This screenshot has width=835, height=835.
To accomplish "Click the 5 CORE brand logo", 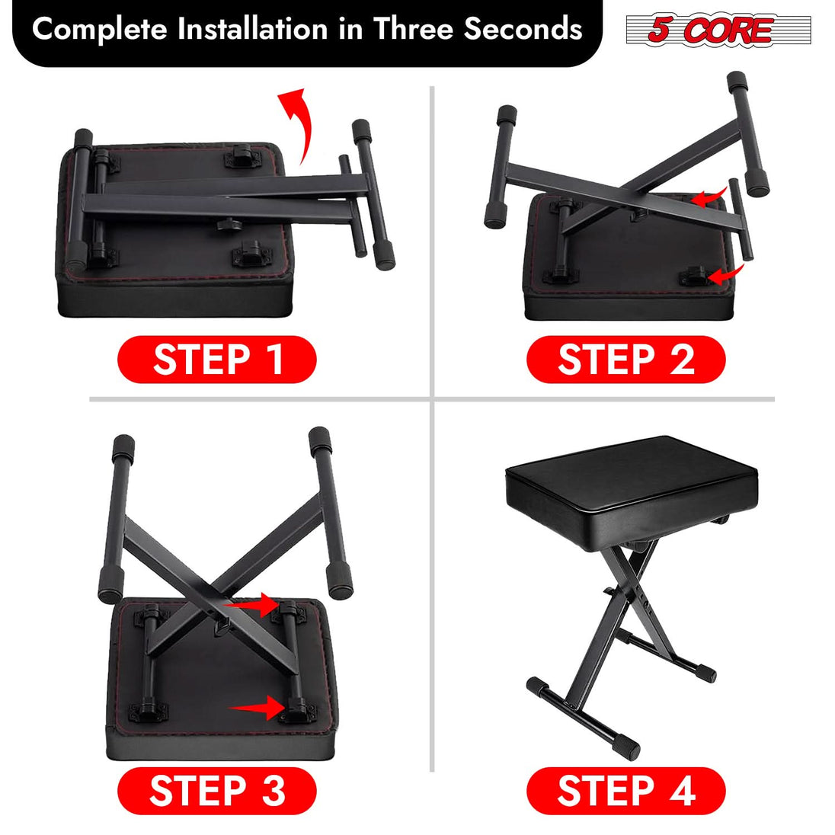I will point(718,30).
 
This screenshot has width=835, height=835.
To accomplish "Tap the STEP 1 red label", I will point(216,360).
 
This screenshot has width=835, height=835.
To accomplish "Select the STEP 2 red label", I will point(625,360).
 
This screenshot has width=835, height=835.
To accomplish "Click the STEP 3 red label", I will point(216,791).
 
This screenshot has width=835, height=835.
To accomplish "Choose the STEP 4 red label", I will point(625,791).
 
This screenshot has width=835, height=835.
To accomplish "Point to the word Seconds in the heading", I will point(523,30).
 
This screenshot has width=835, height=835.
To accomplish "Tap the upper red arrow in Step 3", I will point(255,606).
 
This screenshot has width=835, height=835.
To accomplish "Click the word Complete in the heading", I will point(99,30).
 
